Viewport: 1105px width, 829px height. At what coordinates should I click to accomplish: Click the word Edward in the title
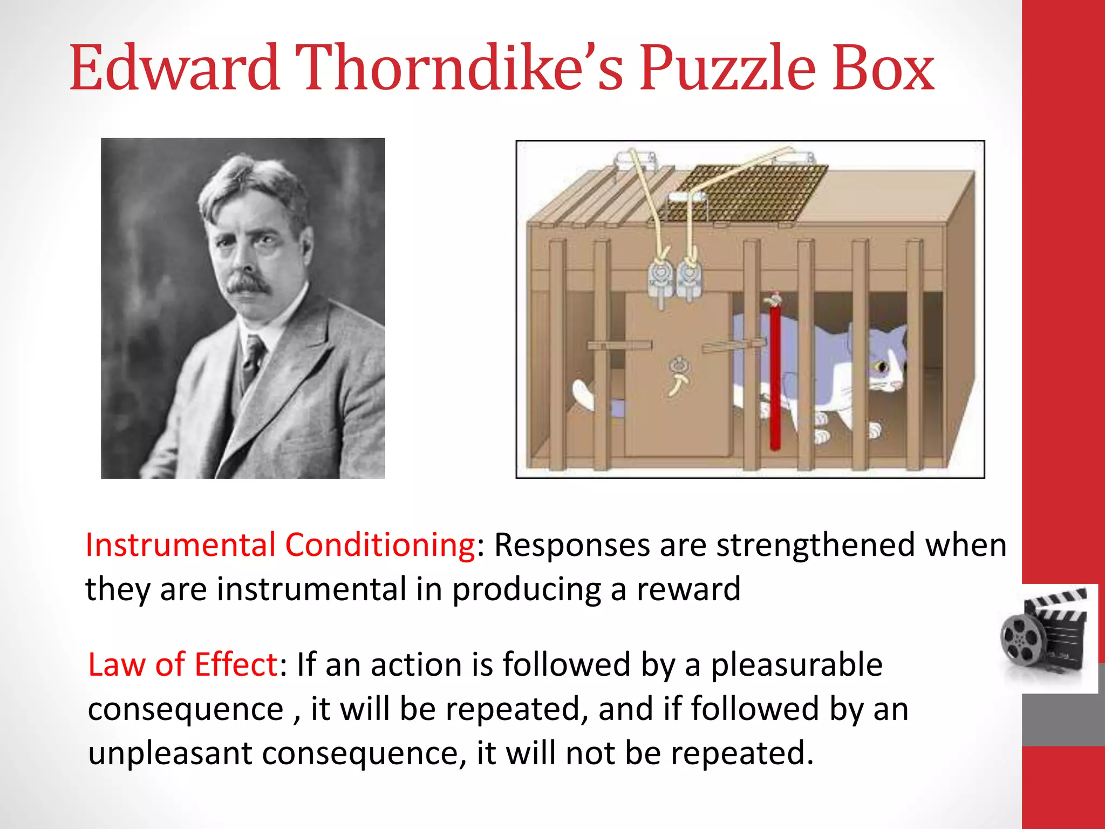click(174, 69)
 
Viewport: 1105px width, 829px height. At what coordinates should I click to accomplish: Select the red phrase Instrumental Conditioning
click(280, 545)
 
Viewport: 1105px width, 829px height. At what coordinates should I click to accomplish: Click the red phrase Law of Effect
click(183, 664)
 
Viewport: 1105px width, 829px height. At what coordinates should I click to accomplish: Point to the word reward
click(688, 589)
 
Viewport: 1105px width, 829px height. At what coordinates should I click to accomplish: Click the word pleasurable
click(796, 664)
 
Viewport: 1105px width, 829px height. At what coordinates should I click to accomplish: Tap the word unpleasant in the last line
click(170, 753)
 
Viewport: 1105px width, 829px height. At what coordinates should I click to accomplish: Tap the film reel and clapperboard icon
click(1044, 637)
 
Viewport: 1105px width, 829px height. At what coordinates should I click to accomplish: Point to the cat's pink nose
click(896, 385)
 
